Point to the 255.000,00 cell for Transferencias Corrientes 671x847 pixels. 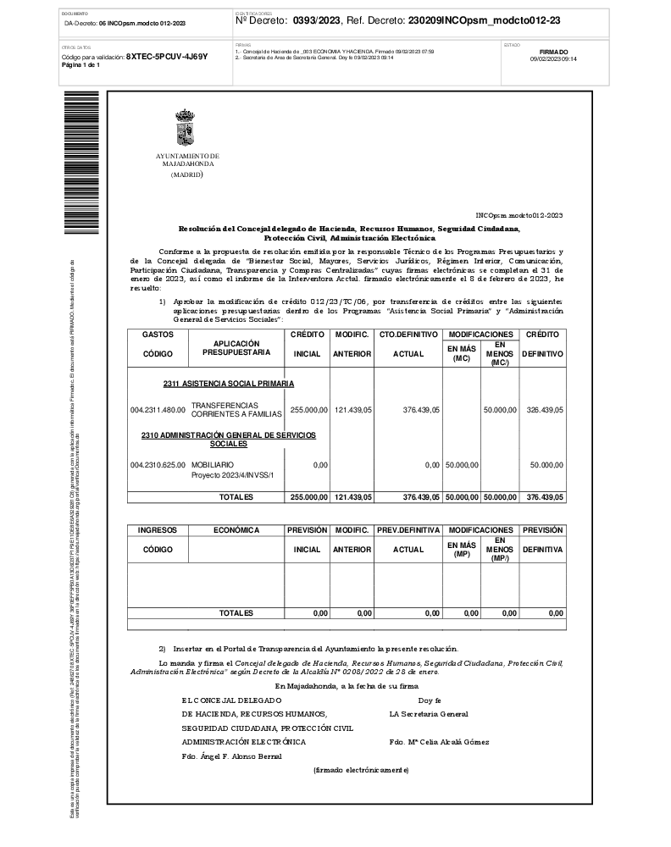[x=308, y=409]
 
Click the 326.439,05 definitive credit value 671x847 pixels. [x=545, y=409]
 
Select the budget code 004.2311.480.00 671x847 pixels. [x=158, y=409]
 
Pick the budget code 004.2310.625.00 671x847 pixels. [x=158, y=465]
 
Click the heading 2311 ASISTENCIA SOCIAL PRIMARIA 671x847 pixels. [x=229, y=384]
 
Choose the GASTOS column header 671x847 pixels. [x=158, y=335]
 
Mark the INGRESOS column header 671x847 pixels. [x=158, y=529]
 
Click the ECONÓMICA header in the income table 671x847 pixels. [x=236, y=529]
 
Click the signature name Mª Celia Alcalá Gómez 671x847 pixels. [x=438, y=742]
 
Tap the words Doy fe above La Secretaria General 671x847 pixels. [x=430, y=700]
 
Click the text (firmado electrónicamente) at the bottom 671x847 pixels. [x=361, y=770]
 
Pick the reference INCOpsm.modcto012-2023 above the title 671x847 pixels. [x=519, y=216]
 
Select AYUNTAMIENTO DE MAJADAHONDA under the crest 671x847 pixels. [x=186, y=160]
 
